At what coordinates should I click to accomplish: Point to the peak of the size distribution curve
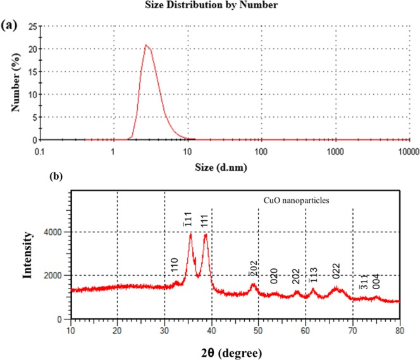(146, 45)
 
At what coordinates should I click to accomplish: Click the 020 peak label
(275, 275)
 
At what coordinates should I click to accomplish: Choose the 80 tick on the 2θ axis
(400, 330)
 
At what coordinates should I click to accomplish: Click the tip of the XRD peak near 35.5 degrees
(190, 234)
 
